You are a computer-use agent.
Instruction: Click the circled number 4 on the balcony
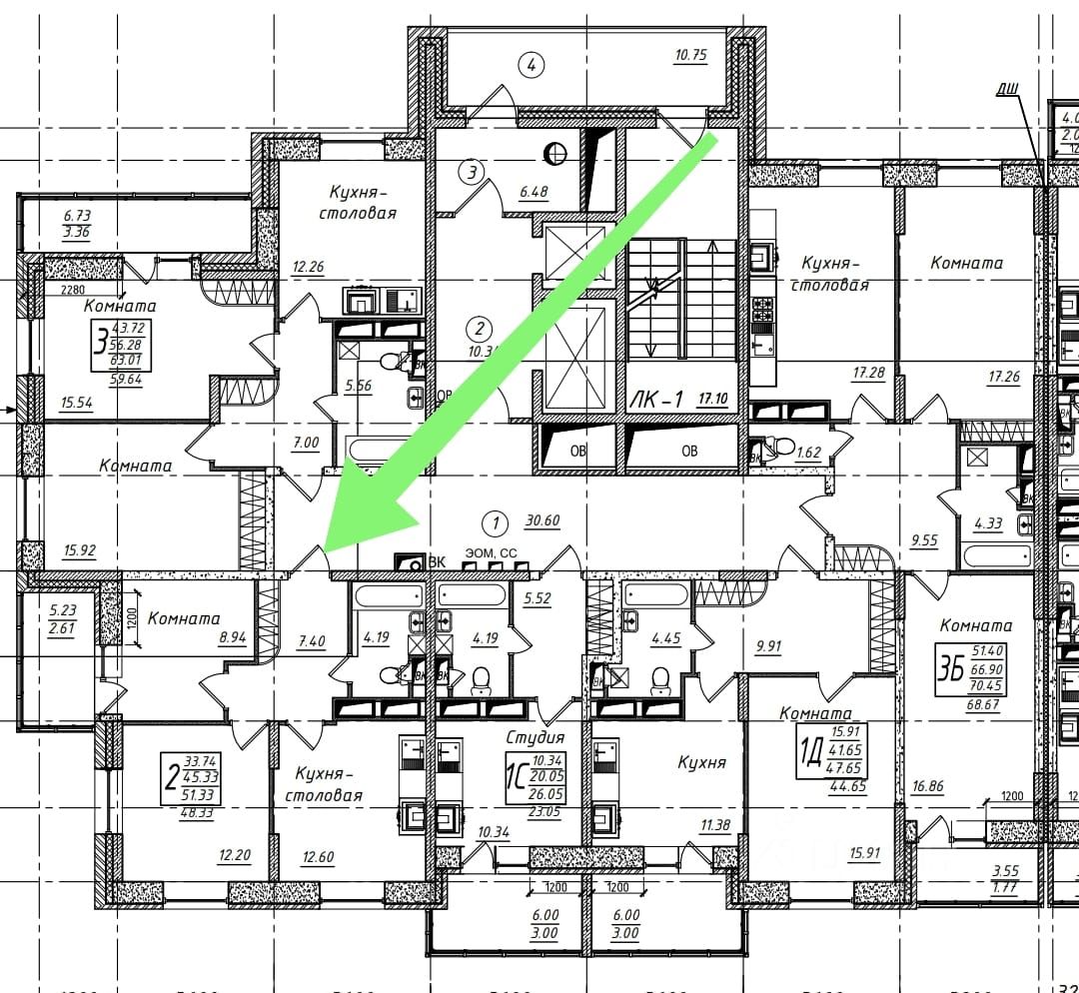(x=532, y=66)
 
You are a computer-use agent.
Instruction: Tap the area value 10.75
(x=691, y=56)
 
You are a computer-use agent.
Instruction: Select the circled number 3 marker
(x=472, y=172)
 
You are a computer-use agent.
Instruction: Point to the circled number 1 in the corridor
(x=492, y=521)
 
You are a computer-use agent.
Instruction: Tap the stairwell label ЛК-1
(x=656, y=400)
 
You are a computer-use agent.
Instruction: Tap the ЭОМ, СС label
(x=492, y=552)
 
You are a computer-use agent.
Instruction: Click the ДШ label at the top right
(x=1007, y=90)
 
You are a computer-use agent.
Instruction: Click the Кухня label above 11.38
(x=701, y=762)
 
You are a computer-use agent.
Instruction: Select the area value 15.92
(x=78, y=549)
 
